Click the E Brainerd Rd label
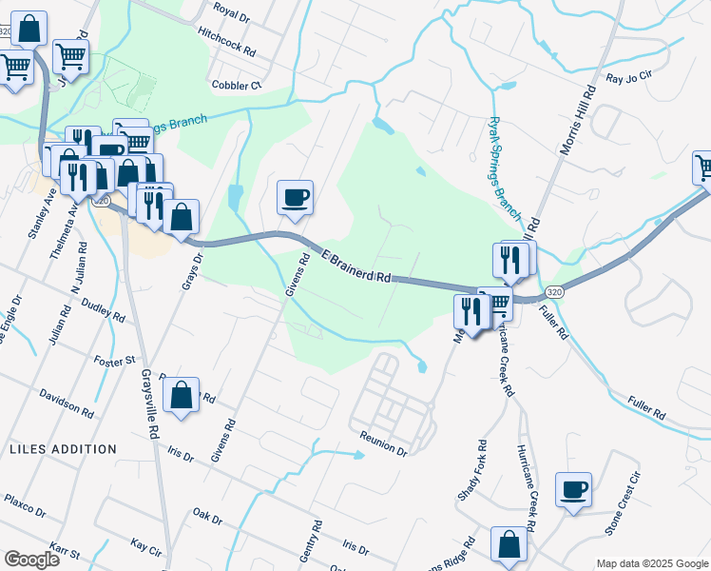click(356, 267)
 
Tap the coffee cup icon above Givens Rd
click(295, 197)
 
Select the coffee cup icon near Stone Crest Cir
click(573, 490)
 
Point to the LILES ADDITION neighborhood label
click(63, 448)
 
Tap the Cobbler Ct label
click(237, 85)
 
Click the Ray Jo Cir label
click(629, 77)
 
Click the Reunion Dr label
click(383, 443)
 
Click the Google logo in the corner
click(31, 559)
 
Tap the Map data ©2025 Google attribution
click(651, 563)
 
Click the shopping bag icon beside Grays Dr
click(181, 216)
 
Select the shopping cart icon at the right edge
click(703, 168)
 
